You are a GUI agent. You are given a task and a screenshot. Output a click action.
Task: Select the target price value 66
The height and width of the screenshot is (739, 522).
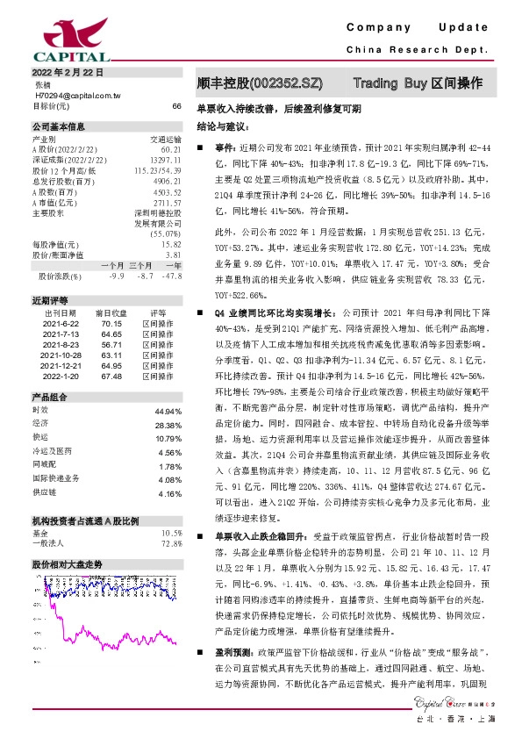[176, 105]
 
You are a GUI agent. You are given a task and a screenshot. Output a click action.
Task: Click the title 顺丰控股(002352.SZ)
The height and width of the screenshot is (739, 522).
[260, 83]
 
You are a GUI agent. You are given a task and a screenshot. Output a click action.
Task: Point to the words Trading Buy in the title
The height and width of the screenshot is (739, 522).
[390, 83]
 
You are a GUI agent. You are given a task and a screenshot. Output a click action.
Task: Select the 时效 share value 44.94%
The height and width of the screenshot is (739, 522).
[168, 411]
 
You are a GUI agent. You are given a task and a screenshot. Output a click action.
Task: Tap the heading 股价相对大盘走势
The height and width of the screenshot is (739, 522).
[68, 563]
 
